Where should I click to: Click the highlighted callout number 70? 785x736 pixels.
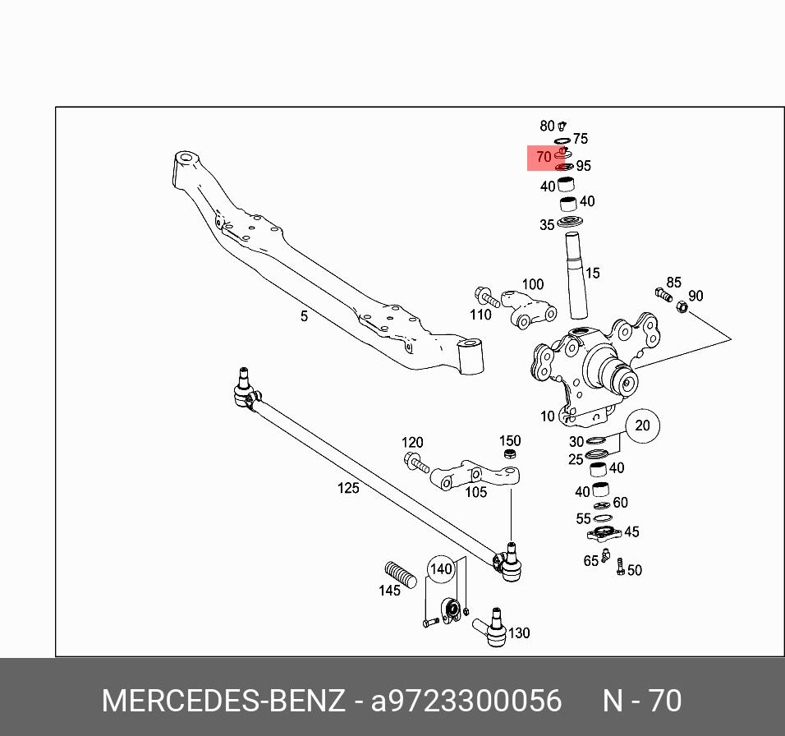[x=543, y=157]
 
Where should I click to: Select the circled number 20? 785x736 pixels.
[x=642, y=425]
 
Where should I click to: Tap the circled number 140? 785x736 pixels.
[x=442, y=568]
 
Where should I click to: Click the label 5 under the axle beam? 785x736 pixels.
[x=304, y=316]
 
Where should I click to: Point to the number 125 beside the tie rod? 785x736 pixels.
[x=348, y=488]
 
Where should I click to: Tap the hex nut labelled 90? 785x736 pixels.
[x=682, y=307]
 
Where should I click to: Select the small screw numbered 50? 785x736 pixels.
[x=621, y=568]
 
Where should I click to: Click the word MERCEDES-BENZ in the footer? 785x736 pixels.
[x=223, y=701]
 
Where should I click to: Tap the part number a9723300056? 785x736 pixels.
[x=466, y=701]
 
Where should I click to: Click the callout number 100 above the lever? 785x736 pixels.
[x=533, y=284]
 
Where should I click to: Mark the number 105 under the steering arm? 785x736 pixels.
[x=476, y=492]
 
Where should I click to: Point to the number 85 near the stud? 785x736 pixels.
[x=673, y=283]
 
